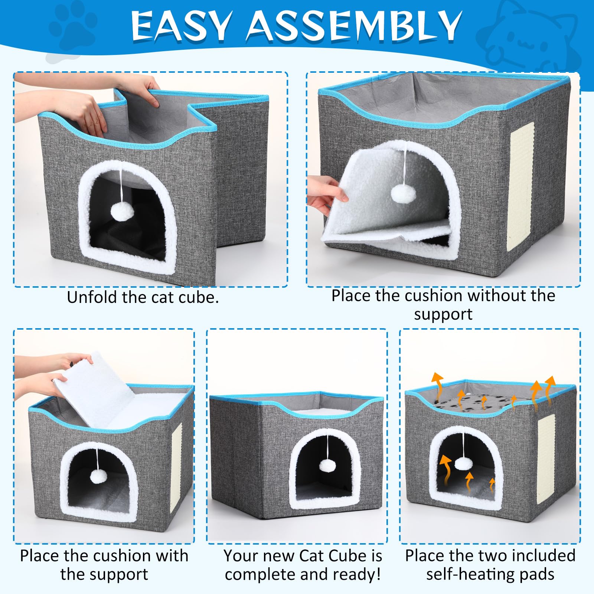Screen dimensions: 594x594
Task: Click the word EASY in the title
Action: (181, 26)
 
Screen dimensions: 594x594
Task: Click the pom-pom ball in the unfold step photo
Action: (122, 212)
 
